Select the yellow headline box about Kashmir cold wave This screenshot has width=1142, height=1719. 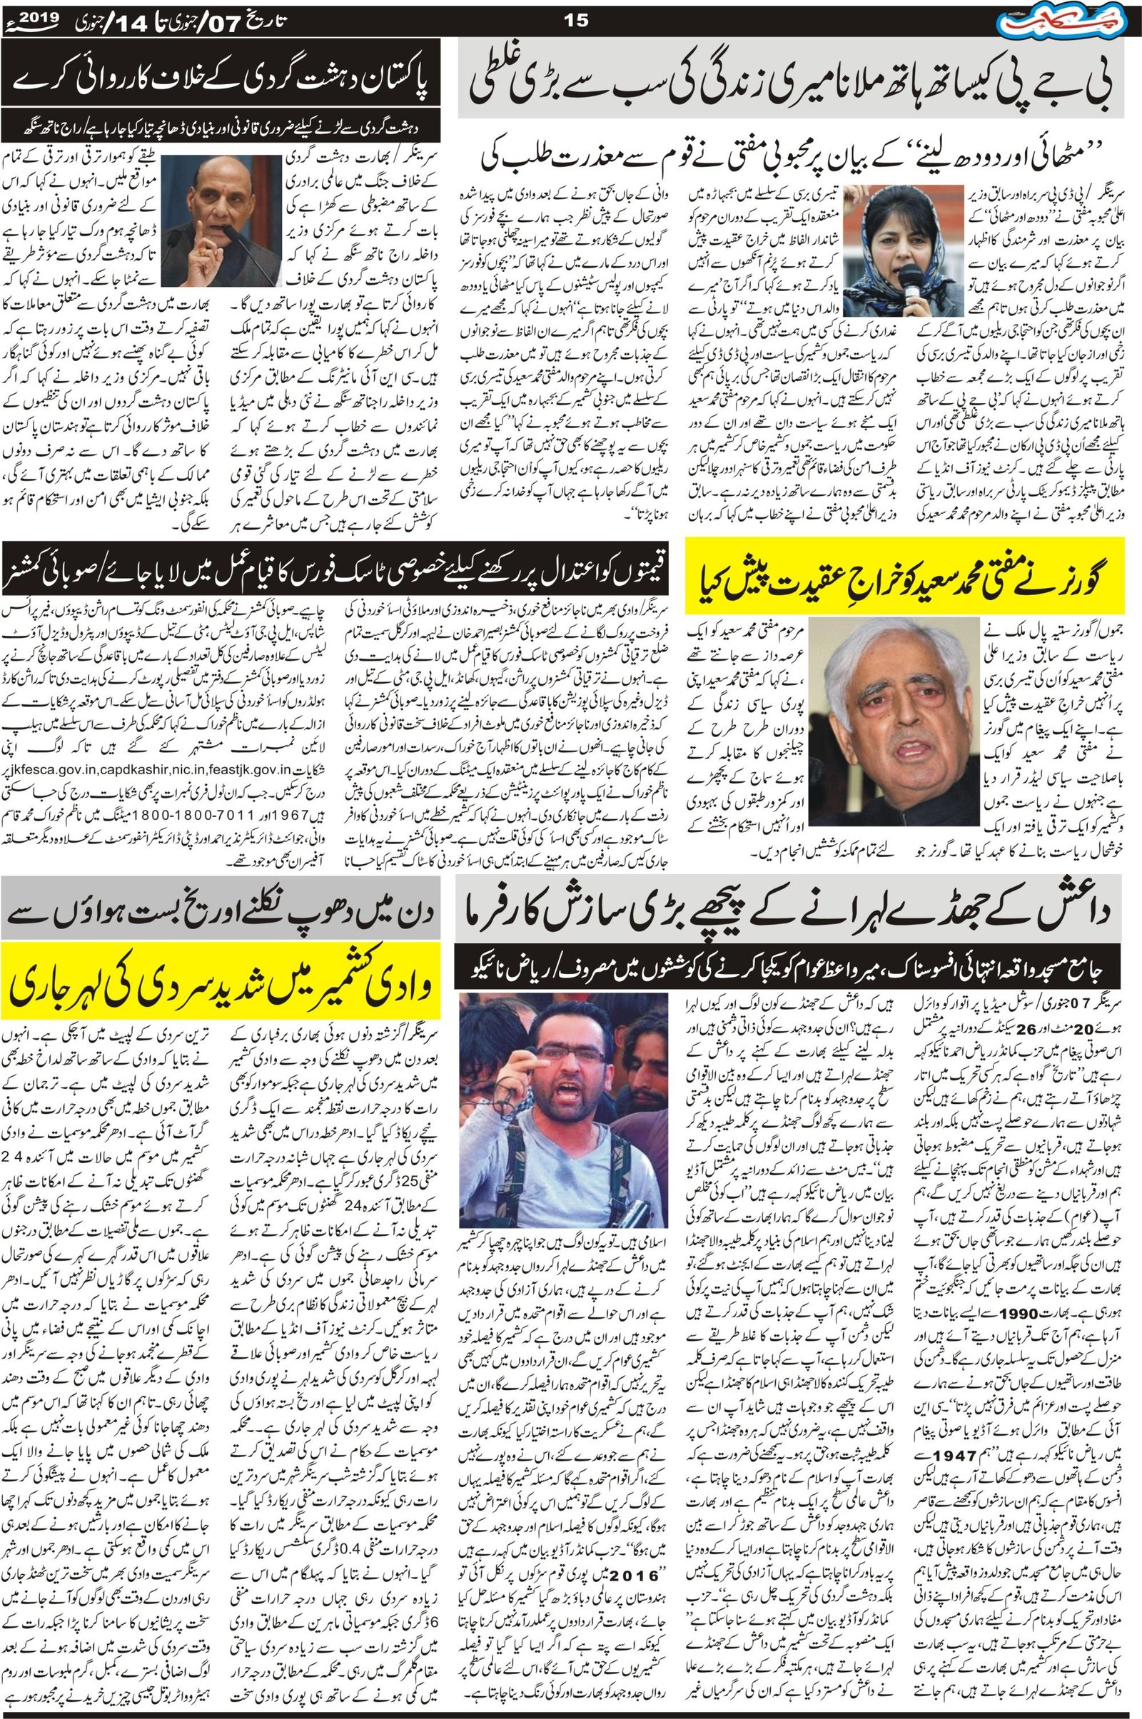220,984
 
